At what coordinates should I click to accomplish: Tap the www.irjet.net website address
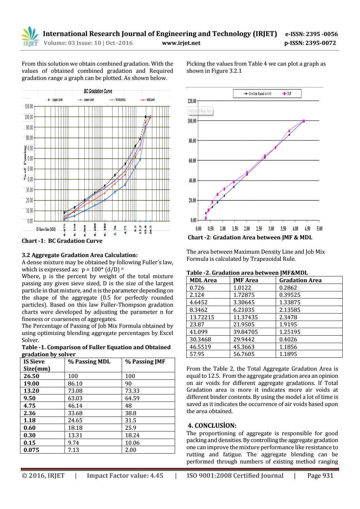pos(181,43)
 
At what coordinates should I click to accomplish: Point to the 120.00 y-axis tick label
pos(192,101)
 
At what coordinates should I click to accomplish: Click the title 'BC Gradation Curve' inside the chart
pos(98,91)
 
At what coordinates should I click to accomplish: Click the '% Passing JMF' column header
pos(145,362)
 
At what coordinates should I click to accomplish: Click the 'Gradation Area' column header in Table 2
pos(300,280)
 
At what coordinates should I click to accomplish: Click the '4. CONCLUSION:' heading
pos(212,426)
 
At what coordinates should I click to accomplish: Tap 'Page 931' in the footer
pos(320,476)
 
